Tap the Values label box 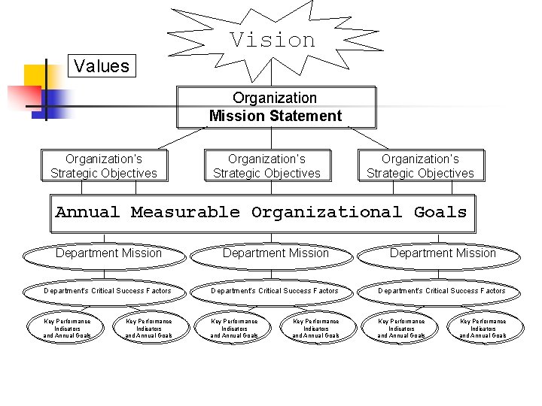(102, 66)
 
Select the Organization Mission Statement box (276, 107)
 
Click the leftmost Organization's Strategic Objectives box (104, 166)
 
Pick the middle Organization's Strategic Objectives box (266, 166)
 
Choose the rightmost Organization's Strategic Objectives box (420, 166)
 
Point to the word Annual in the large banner (87, 213)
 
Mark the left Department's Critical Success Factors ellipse (108, 291)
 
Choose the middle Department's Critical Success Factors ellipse (275, 291)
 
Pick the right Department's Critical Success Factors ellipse (442, 291)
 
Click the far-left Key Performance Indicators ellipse (67, 329)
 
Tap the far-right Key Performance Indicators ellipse (483, 329)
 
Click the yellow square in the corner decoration (36, 76)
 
